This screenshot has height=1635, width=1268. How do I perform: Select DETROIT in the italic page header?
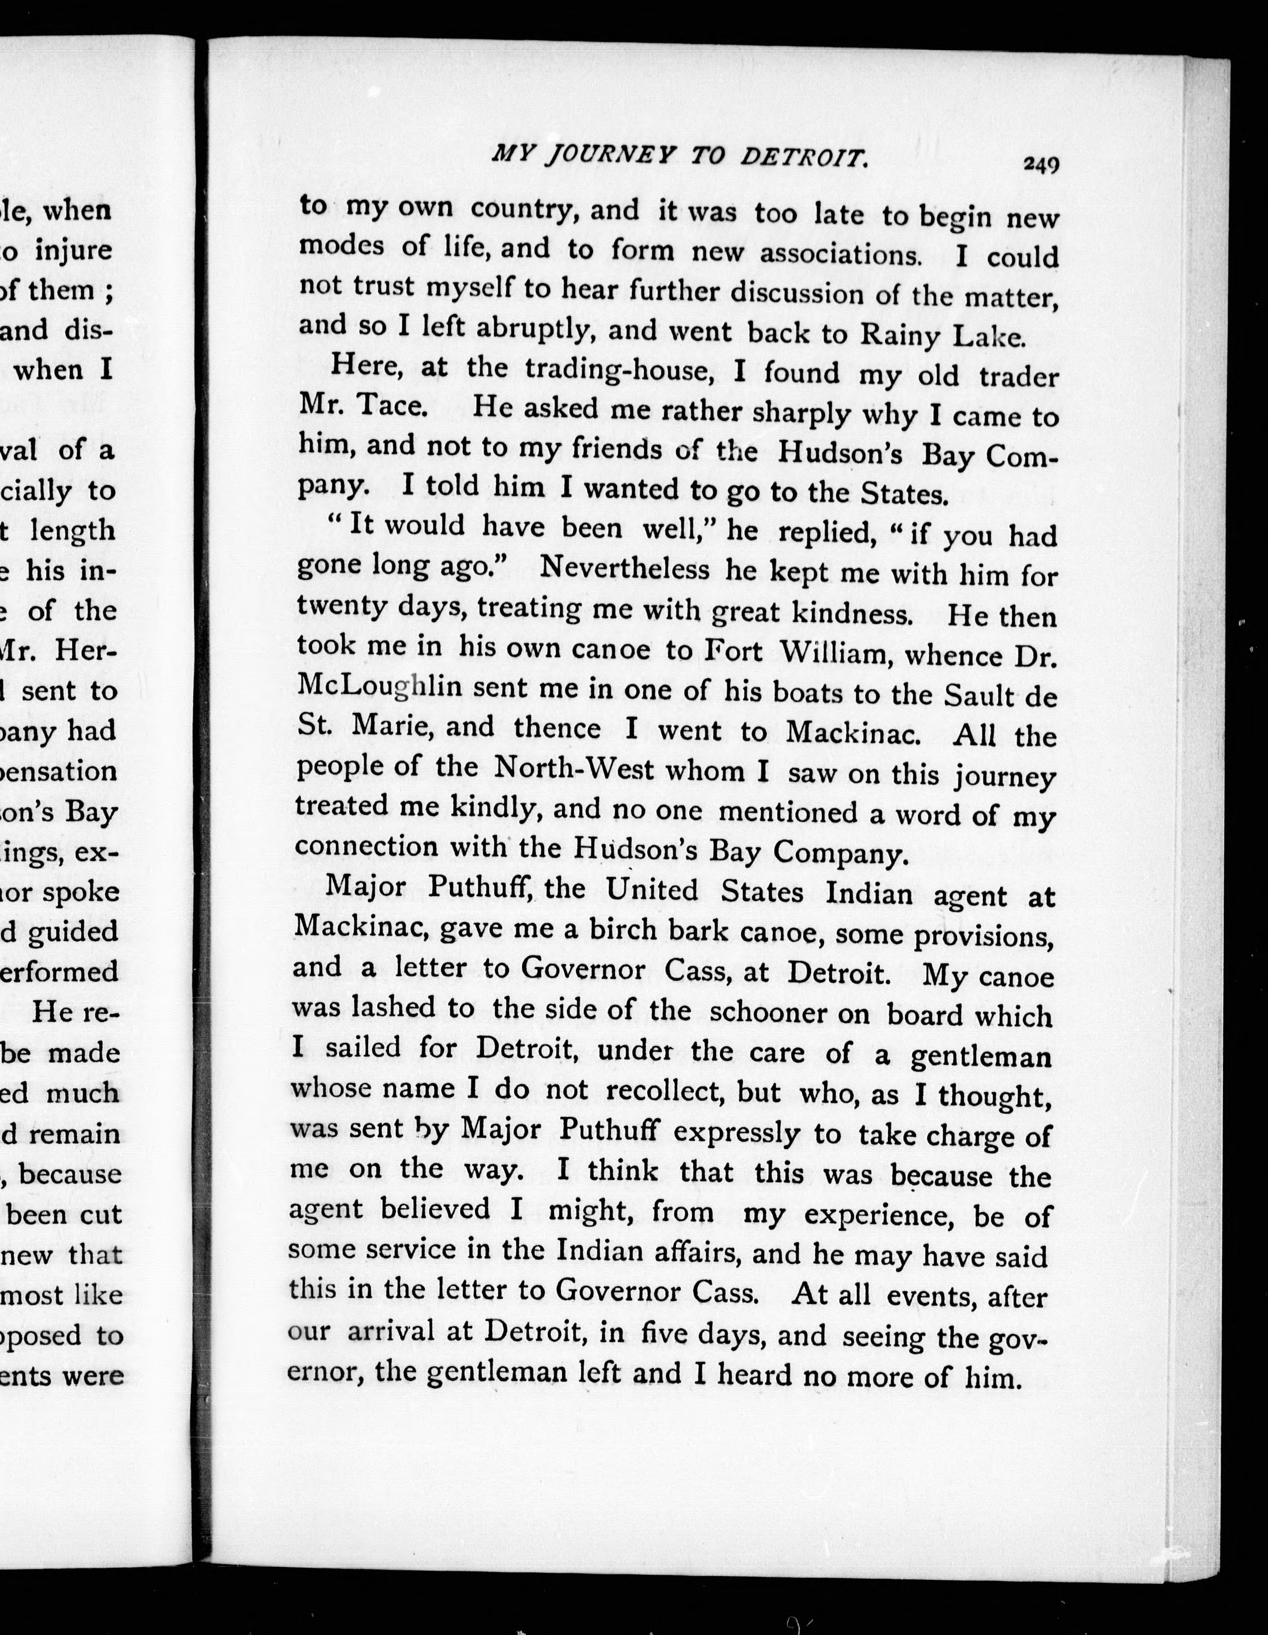pyautogui.click(x=804, y=158)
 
